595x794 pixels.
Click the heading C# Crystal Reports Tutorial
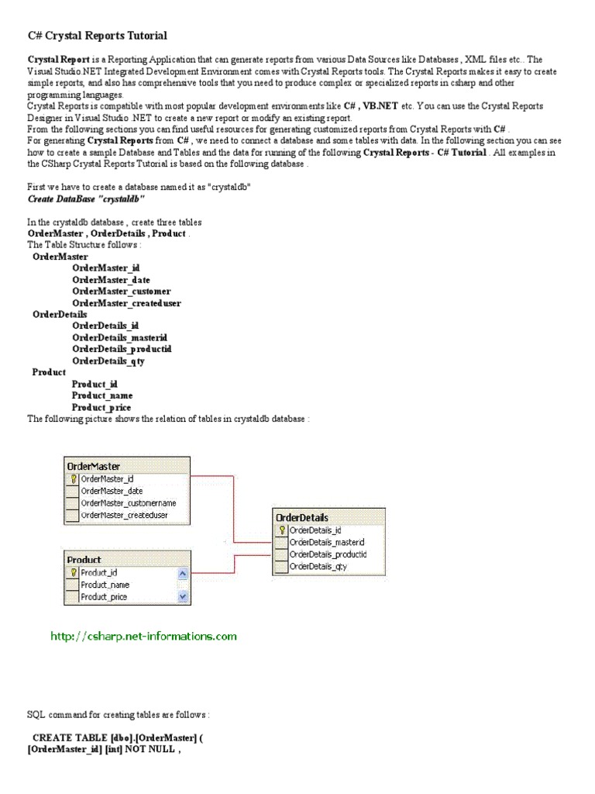[97, 36]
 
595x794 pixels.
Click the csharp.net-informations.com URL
[143, 637]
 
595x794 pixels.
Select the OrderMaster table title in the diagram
[94, 467]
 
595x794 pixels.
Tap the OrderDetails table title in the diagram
[302, 517]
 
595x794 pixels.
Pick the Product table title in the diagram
[84, 559]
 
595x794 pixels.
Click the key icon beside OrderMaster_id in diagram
[73, 479]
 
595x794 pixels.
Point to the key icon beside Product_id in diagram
[73, 572]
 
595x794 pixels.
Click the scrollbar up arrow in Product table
[183, 573]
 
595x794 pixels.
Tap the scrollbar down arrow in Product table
[183, 597]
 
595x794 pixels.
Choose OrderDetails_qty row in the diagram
[318, 567]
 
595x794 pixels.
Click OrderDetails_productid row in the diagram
[327, 554]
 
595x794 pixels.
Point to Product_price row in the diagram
[105, 597]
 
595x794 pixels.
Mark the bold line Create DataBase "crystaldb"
[86, 198]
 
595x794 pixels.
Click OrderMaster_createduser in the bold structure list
[126, 303]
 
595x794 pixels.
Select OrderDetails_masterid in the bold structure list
[120, 337]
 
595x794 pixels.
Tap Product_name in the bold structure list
[102, 395]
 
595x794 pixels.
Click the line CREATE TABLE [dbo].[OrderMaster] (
[107, 737]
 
